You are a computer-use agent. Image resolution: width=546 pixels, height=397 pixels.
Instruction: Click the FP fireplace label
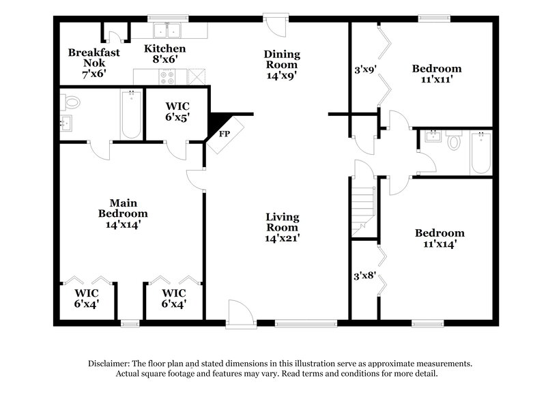pyautogui.click(x=223, y=134)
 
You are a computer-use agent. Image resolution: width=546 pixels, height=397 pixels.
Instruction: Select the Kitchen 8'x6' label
pyautogui.click(x=164, y=54)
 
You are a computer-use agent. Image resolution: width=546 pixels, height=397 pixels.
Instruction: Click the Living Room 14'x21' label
pyautogui.click(x=283, y=228)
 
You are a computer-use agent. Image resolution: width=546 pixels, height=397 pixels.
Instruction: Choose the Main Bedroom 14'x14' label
pyautogui.click(x=123, y=213)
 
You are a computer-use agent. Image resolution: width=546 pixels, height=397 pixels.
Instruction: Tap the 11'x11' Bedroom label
pyautogui.click(x=437, y=74)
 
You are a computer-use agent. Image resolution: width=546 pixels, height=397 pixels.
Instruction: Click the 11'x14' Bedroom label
pyautogui.click(x=440, y=237)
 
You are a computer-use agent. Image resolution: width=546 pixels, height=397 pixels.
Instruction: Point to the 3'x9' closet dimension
pyautogui.click(x=365, y=69)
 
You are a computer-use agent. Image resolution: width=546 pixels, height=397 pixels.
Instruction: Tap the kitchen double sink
pyautogui.click(x=166, y=30)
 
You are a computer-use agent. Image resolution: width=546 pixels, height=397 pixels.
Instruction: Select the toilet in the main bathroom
pyautogui.click(x=72, y=103)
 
